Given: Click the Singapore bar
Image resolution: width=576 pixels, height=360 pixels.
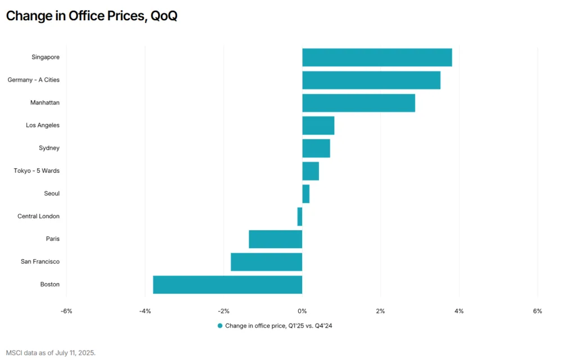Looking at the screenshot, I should (377, 57).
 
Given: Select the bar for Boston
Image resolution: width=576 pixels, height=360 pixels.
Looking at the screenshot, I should (228, 285).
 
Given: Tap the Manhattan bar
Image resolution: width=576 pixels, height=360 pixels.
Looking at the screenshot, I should (358, 103).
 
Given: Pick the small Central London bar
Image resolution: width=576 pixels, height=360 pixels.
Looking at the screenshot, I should (300, 217).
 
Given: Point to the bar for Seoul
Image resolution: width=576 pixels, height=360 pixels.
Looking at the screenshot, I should (305, 193).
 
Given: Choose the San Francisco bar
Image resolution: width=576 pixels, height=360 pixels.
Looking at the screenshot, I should (266, 262).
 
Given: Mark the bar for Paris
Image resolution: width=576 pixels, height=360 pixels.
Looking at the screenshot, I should (275, 239).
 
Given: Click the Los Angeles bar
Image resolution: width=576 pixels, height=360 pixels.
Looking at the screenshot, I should (318, 125).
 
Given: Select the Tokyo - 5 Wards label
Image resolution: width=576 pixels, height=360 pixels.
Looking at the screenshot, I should (37, 171).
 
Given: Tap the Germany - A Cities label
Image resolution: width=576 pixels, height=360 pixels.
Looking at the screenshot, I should (34, 80).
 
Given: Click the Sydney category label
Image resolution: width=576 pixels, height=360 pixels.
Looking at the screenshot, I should (49, 148).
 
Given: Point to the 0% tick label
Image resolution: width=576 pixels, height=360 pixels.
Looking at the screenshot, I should (302, 311).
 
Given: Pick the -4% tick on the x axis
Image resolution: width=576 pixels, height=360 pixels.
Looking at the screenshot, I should (145, 311).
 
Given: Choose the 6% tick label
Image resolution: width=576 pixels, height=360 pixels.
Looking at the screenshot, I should (537, 311).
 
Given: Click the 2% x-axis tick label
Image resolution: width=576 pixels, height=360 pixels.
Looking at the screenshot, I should (381, 311).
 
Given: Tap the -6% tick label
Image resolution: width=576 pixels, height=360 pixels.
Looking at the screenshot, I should (66, 311).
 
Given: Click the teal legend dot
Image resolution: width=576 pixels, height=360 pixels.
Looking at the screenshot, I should (220, 326).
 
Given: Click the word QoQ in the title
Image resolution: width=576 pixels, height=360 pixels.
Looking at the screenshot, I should (163, 16).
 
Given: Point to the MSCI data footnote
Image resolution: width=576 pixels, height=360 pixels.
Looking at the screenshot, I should (51, 353).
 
